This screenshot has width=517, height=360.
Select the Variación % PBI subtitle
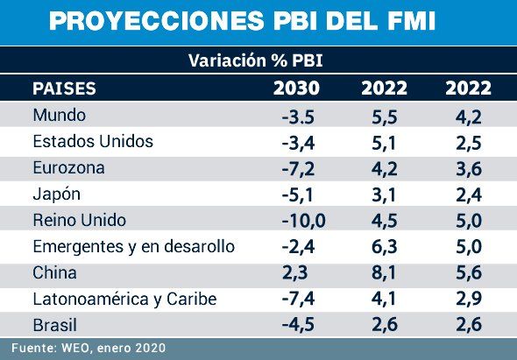[x=258, y=61]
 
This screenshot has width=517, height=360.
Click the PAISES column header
[x=64, y=88]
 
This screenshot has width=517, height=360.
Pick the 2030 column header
[x=297, y=88]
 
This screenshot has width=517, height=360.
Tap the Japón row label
[x=57, y=194]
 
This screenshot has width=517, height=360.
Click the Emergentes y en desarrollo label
[x=133, y=247]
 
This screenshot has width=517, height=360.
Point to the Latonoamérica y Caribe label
[x=124, y=300]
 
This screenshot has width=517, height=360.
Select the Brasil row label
[x=54, y=326]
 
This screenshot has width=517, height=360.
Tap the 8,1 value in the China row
[x=383, y=273]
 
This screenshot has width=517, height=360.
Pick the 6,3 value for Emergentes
[x=383, y=247]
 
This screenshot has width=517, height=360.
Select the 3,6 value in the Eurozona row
[x=468, y=168]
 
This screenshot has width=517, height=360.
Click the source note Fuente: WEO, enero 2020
[x=88, y=349]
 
